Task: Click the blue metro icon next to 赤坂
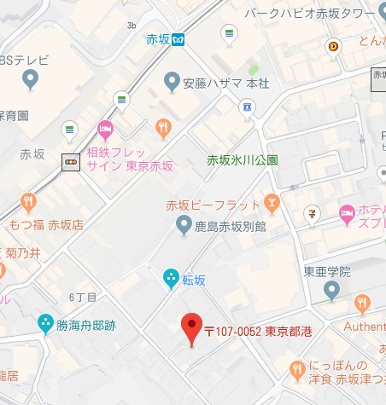pyautogui.click(x=179, y=39)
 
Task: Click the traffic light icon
pyautogui.click(x=71, y=161)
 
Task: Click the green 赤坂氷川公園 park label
pyautogui.click(x=243, y=159)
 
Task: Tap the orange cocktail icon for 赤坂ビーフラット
pyautogui.click(x=272, y=202)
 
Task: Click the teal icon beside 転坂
pyautogui.click(x=171, y=277)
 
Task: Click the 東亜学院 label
pyautogui.click(x=327, y=272)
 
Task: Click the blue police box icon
pyautogui.click(x=247, y=107)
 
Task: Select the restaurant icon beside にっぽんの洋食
pyautogui.click(x=297, y=368)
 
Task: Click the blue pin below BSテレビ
pyautogui.click(x=31, y=81)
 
